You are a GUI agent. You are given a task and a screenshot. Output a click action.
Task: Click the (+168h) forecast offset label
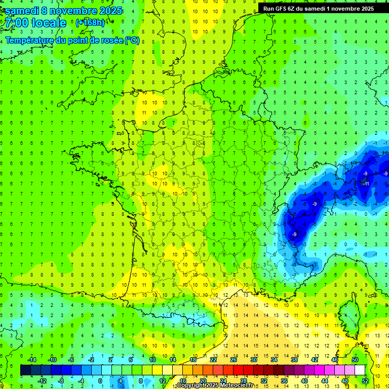[90, 23]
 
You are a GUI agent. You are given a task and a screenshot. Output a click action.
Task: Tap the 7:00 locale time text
[34, 23]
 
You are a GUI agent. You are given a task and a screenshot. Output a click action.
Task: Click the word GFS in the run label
[282, 8]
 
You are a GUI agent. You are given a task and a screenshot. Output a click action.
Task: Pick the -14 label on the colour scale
[32, 360]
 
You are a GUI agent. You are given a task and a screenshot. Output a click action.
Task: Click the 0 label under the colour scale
[100, 381]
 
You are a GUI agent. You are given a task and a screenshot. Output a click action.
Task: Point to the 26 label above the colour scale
[234, 360]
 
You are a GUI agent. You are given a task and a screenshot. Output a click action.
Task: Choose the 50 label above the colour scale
[355, 360]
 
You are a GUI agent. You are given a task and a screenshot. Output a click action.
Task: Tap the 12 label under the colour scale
[163, 381]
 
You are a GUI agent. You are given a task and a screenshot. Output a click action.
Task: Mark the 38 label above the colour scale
[294, 360]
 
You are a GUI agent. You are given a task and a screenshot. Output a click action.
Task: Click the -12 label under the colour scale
[42, 381]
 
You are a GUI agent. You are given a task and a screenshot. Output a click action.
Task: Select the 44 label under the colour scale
[325, 381]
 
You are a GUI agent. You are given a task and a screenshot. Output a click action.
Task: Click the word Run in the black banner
[269, 8]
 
